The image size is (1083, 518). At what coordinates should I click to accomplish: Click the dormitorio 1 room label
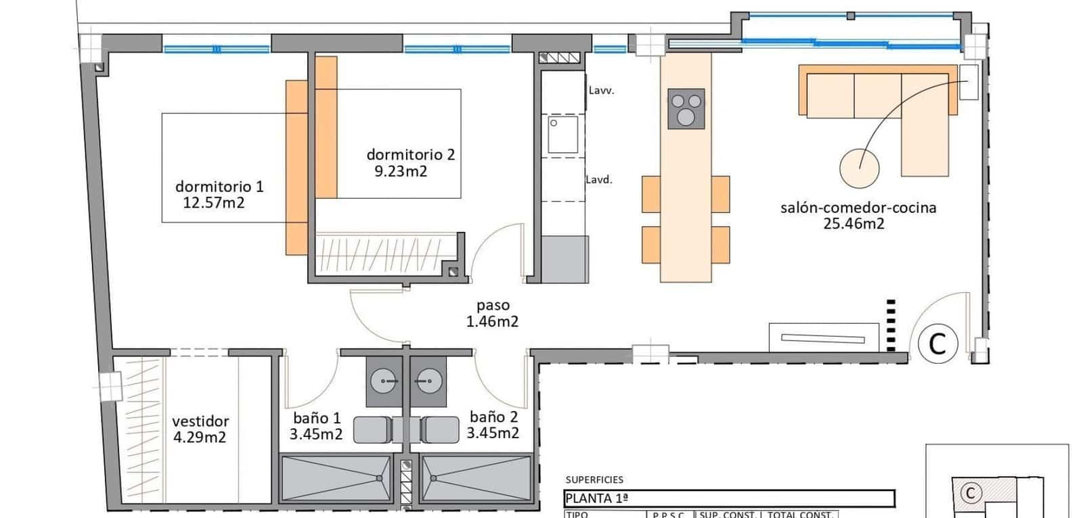coord(219,187)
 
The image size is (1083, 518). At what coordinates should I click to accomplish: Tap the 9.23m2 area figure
coord(401,171)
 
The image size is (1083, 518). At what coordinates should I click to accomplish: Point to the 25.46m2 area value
coord(854,224)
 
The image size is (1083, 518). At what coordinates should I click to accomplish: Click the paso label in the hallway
coord(492,306)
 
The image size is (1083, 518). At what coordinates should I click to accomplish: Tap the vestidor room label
coord(200,421)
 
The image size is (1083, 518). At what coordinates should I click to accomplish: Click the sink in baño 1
coord(387,381)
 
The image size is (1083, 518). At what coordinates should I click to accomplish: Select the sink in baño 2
coord(428,381)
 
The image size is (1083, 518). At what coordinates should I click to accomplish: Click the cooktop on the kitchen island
coord(686,109)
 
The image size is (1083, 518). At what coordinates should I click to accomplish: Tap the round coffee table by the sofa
coord(860,168)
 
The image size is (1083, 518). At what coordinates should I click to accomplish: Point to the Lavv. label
coord(601,90)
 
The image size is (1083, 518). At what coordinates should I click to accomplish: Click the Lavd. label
coord(599,180)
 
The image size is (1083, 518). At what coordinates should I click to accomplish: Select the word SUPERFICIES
coord(594,480)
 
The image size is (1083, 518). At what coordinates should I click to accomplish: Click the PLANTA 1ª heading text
coord(596,500)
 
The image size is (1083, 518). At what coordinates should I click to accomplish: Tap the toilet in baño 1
coord(372,429)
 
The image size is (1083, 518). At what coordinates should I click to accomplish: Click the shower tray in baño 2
coord(476,477)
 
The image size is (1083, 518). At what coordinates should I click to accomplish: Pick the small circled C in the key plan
coord(970,493)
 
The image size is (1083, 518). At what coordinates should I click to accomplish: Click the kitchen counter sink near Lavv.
coord(563,135)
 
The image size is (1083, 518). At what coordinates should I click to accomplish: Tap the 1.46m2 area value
coord(492,322)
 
